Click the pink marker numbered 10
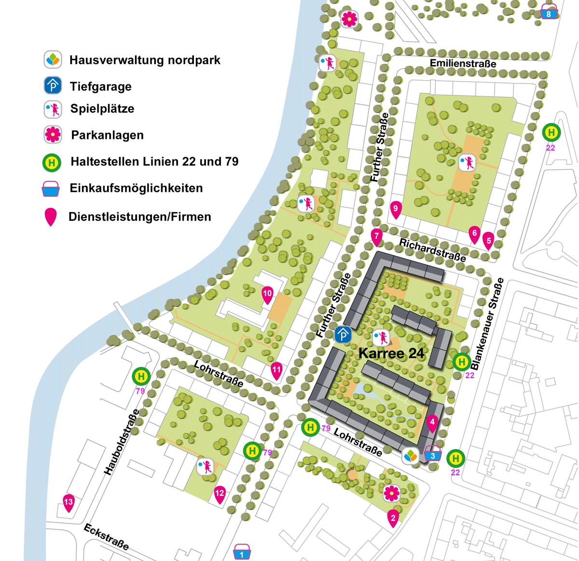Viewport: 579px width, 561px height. click(267, 294)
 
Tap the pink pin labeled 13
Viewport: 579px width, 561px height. click(69, 503)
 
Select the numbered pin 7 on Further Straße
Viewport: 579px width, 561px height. click(376, 237)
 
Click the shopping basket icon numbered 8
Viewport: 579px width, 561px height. click(549, 12)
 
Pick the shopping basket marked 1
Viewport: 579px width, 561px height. click(242, 552)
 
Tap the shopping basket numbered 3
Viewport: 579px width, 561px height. click(433, 454)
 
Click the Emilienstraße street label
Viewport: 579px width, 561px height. click(463, 64)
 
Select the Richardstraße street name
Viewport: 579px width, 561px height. click(432, 249)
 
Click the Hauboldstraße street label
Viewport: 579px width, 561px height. click(122, 442)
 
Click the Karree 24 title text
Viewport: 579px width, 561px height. click(391, 353)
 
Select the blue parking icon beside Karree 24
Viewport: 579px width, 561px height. click(343, 334)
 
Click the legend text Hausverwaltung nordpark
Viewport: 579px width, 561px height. click(145, 60)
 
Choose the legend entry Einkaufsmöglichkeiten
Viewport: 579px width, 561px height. click(136, 188)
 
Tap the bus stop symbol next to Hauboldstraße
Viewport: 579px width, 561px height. click(141, 376)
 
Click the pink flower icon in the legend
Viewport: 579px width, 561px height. click(53, 135)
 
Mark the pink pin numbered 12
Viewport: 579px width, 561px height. click(220, 494)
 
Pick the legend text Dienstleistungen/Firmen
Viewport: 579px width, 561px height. click(140, 217)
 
